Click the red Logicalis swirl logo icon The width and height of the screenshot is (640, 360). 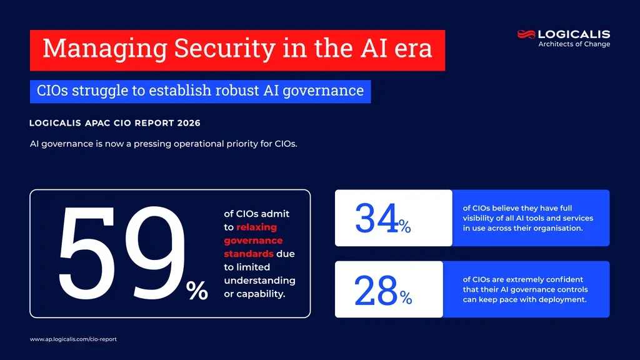pyautogui.click(x=526, y=34)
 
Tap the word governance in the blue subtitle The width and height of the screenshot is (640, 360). pyautogui.click(x=323, y=91)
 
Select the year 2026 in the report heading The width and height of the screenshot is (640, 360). pyautogui.click(x=189, y=123)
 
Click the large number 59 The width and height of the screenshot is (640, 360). pyautogui.click(x=121, y=253)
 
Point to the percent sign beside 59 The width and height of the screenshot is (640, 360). pyautogui.click(x=197, y=291)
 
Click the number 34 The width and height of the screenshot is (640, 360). pyautogui.click(x=376, y=218)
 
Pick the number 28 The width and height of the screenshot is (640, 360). pyautogui.click(x=376, y=291)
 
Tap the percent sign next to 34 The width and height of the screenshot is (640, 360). pyautogui.click(x=405, y=227)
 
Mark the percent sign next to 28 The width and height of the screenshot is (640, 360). pyautogui.click(x=406, y=299)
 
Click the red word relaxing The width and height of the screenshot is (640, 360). pyautogui.click(x=256, y=227)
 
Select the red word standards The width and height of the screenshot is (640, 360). pyautogui.click(x=249, y=254)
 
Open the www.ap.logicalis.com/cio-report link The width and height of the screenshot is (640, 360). pyautogui.click(x=73, y=339)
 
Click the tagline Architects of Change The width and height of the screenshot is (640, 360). pyautogui.click(x=574, y=44)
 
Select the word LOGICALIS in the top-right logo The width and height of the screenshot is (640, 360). pyautogui.click(x=574, y=34)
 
